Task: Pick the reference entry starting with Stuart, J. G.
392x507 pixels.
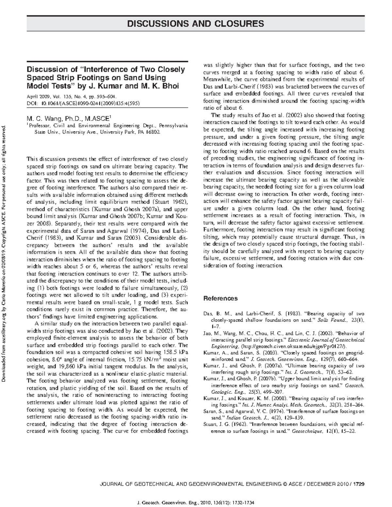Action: click(x=283, y=428)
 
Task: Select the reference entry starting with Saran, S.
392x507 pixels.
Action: click(x=283, y=415)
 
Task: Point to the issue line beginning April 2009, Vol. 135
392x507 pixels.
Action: click(x=71, y=97)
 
